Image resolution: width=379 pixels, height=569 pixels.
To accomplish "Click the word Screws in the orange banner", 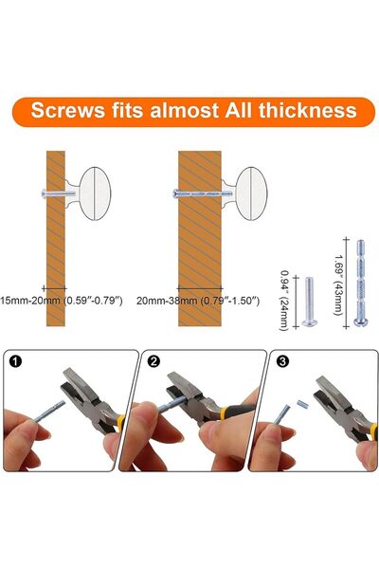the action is coord(68,110).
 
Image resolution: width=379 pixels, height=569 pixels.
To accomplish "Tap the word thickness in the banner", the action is coord(308,110).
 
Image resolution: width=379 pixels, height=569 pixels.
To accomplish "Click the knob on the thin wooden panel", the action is coord(90,193).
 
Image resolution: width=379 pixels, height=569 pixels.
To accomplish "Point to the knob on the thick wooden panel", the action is coord(246,193).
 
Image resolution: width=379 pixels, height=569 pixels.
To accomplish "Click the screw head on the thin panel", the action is coord(44,193).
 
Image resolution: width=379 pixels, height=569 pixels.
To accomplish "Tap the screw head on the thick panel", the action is coord(175,193).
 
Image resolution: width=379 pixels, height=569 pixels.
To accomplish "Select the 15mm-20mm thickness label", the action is coord(61,301).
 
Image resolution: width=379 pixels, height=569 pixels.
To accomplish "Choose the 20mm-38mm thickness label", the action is coord(198,301).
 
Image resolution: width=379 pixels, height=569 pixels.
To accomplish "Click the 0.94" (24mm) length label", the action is coord(284,301).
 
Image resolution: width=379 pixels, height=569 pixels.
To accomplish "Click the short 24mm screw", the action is coord(310,302).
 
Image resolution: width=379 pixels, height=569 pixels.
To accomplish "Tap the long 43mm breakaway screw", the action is coord(360,283).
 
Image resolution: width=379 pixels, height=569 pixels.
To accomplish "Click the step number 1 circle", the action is coord(16,361).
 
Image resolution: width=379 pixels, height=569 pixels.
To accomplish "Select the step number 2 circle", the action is coord(153,361).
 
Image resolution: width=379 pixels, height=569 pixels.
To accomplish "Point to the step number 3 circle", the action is coord(282,361).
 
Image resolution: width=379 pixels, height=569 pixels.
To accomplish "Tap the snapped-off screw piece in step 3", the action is coord(302,404).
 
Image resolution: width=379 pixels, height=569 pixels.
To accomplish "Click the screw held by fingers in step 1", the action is coord(50,412).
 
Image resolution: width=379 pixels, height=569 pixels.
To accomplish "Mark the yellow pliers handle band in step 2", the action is coord(225,413).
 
